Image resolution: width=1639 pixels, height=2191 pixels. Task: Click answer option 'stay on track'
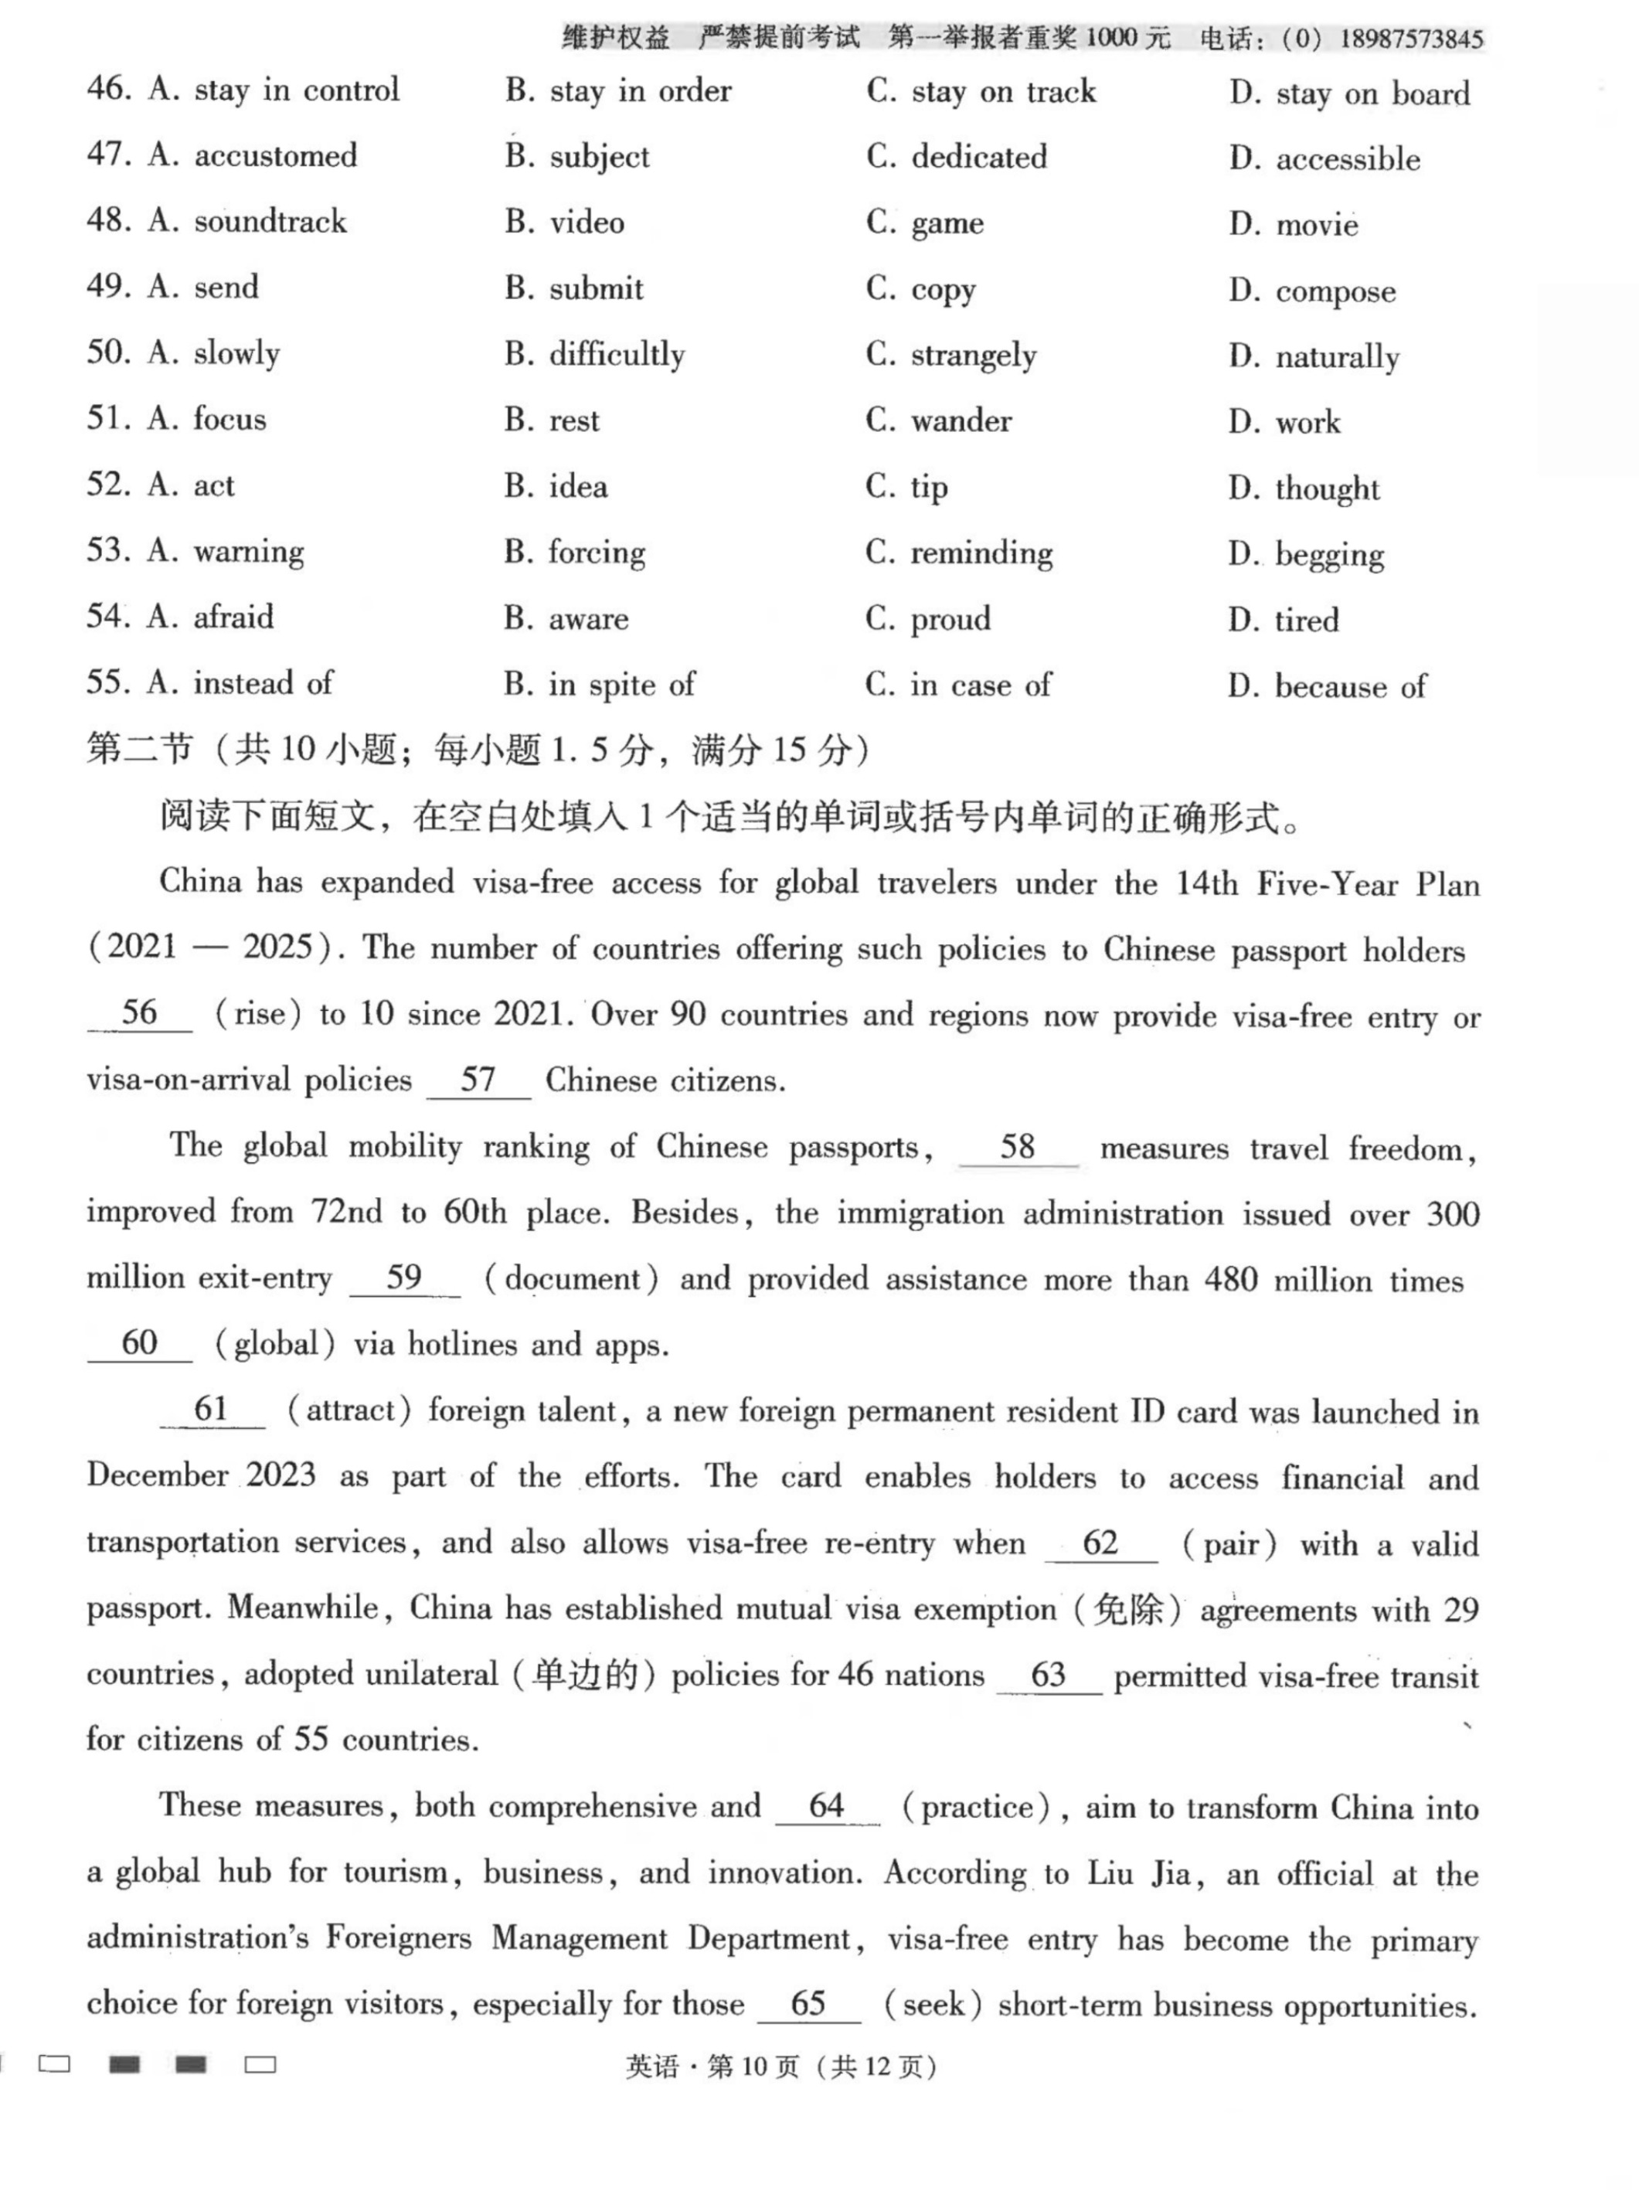click(1002, 93)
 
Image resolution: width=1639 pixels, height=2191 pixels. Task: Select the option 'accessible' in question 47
click(1347, 159)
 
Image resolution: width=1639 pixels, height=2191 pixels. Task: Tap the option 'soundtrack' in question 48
click(270, 222)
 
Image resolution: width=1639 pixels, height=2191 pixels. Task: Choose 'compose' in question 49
click(1335, 292)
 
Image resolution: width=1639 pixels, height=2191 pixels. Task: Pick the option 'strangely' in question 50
click(973, 356)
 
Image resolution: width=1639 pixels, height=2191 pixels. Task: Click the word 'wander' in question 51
click(961, 422)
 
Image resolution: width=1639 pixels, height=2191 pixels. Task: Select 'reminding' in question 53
click(981, 553)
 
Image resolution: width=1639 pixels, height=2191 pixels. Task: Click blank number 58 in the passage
click(1017, 1148)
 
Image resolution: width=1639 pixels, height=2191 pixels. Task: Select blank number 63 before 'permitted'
click(1048, 1675)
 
